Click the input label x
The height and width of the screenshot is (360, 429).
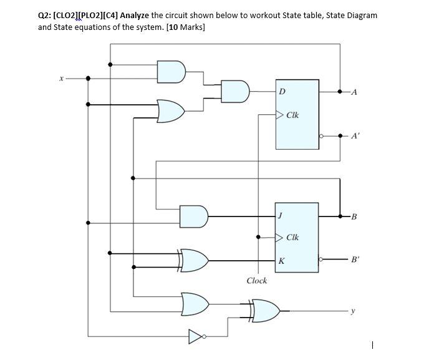pyautogui.click(x=60, y=79)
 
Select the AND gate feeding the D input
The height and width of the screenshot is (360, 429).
pyautogui.click(x=236, y=91)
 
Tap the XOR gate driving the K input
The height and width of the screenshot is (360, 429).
pyautogui.click(x=195, y=260)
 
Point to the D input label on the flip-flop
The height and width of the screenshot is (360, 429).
pyautogui.click(x=282, y=92)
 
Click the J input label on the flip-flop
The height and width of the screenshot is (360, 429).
pyautogui.click(x=281, y=216)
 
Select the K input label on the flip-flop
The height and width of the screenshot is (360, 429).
pyautogui.click(x=282, y=261)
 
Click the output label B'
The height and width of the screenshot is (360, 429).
pyautogui.click(x=355, y=260)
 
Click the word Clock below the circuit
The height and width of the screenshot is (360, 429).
pyautogui.click(x=256, y=281)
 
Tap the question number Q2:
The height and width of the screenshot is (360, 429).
pyautogui.click(x=46, y=15)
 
